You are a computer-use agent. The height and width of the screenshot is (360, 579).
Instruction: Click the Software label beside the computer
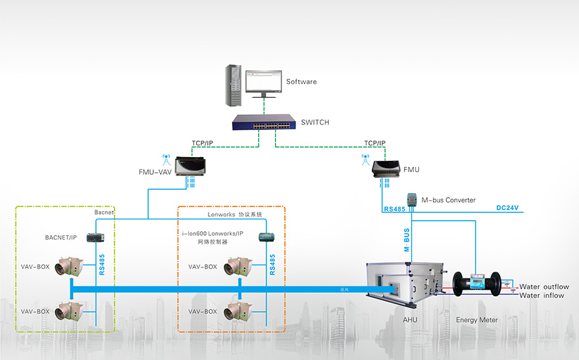[x=301, y=82]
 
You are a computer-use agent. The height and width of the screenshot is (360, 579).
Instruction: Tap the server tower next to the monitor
[x=232, y=85]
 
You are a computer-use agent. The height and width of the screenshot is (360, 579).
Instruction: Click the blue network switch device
[x=263, y=122]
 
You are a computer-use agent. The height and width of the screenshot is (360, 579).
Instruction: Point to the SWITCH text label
[x=315, y=123]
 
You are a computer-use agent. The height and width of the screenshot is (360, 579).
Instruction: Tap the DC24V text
[x=507, y=208]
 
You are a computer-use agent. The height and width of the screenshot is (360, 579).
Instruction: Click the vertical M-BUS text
[x=407, y=240]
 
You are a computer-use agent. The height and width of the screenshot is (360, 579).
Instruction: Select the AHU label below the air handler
[x=411, y=320]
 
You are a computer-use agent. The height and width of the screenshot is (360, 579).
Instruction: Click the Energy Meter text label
[x=477, y=320]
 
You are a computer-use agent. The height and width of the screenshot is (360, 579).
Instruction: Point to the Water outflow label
[x=544, y=287]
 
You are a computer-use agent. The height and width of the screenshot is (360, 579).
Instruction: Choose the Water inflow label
[x=542, y=296]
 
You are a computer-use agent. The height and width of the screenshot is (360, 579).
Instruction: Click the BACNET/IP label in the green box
[x=61, y=236]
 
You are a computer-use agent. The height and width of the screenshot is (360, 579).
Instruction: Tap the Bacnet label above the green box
[x=105, y=213]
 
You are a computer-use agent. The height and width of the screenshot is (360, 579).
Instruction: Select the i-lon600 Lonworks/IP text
[x=213, y=233]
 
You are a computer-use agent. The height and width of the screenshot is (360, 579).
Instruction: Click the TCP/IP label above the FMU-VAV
[x=202, y=143]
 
